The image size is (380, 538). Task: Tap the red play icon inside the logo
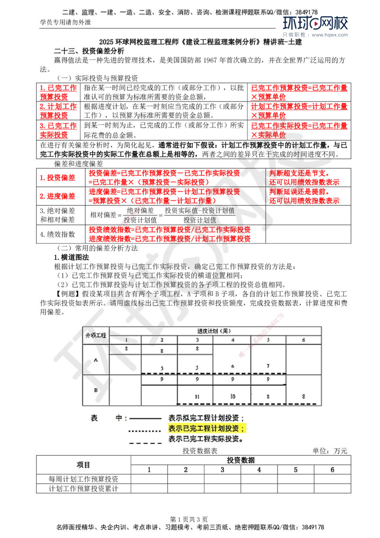[315, 23]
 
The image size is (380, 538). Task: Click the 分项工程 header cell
[95, 335]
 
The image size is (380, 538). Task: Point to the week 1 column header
[126, 340]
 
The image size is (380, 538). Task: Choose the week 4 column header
[232, 340]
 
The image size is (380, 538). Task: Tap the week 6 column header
[304, 340]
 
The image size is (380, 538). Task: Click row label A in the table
[95, 359]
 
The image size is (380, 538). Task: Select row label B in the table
[95, 390]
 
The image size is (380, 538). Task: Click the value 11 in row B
[197, 396]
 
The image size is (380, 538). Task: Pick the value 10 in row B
[233, 396]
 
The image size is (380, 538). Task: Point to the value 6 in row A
[233, 366]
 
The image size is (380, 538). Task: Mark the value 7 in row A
[268, 366]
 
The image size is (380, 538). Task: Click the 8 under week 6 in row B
[304, 396]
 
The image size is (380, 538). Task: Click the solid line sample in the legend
[145, 419]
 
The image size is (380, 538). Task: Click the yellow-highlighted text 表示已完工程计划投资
[207, 429]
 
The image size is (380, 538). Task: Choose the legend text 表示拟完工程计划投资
[207, 418]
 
